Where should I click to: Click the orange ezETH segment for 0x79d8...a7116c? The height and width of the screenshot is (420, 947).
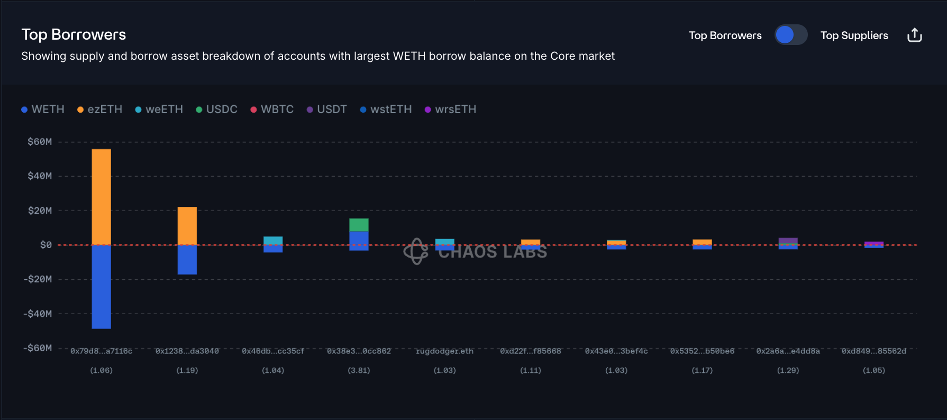101,197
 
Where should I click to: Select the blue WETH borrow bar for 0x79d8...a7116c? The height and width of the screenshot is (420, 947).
101,287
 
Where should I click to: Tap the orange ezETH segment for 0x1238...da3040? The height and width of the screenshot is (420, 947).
187,226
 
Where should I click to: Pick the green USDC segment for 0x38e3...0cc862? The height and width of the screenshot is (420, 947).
359,225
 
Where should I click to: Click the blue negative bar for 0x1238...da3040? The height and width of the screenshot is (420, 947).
187,260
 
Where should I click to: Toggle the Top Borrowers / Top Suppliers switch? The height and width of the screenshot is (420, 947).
790,35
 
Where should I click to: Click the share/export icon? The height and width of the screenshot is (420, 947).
914,35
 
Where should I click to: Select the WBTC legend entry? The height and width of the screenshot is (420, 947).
272,109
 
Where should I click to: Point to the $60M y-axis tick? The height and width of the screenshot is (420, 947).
40,142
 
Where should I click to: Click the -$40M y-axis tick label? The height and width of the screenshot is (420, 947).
38,314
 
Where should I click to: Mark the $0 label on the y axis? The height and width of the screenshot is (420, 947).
46,245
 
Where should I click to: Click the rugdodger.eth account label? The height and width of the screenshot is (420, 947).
444,351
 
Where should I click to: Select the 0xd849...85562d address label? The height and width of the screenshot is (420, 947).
873,351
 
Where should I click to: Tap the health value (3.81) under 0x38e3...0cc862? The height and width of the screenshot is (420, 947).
359,370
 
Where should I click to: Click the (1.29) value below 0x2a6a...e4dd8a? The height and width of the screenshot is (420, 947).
788,370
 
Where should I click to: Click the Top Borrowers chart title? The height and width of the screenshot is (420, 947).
74,34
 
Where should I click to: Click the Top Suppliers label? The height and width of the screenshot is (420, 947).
854,35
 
